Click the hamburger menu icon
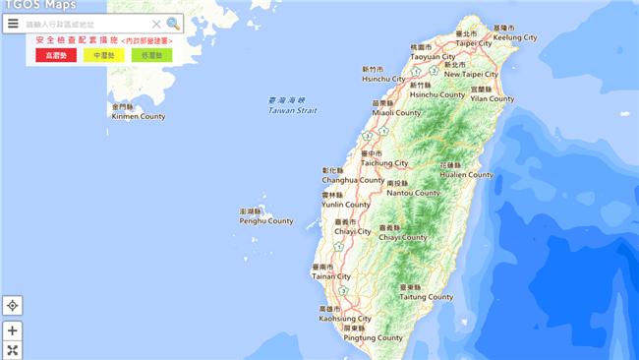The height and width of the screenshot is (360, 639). [x=13, y=24]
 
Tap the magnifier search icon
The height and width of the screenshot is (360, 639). [x=173, y=24]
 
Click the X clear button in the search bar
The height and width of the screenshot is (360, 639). [x=156, y=24]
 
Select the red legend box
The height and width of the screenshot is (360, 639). [x=55, y=55]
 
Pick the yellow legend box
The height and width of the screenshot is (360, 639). [x=103, y=55]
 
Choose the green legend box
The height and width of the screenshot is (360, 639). [x=151, y=55]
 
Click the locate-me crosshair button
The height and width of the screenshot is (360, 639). [x=13, y=306]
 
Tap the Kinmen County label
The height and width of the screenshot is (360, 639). [x=139, y=116]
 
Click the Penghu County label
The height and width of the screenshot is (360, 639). [x=266, y=221]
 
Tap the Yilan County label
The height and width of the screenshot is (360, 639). [x=492, y=98]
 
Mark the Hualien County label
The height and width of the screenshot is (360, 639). [x=466, y=174]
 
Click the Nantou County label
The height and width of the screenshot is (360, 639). [x=413, y=193]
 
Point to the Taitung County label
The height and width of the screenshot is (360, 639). [x=426, y=296]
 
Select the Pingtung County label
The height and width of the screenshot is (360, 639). [x=373, y=337]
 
